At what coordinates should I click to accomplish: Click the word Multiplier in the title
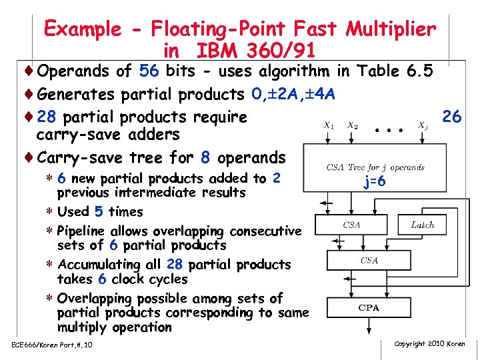(x=392, y=29)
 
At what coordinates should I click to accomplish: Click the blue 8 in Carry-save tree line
(x=205, y=158)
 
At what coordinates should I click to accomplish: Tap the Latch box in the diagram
(x=422, y=225)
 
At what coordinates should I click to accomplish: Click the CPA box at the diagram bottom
(x=369, y=308)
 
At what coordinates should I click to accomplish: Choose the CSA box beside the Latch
(x=351, y=225)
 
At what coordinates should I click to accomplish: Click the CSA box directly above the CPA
(x=369, y=261)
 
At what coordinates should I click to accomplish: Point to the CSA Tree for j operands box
(x=375, y=167)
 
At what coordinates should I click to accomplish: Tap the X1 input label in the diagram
(x=329, y=125)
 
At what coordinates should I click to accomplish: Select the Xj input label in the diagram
(x=423, y=125)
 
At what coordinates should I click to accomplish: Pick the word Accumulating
(x=98, y=265)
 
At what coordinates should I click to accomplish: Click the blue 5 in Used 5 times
(x=99, y=212)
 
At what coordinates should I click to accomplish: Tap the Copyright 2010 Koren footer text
(x=430, y=344)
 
